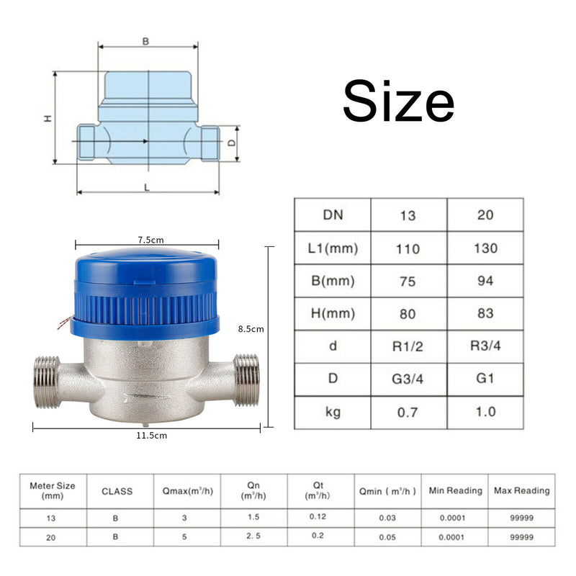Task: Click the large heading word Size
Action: (399, 100)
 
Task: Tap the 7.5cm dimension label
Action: (151, 240)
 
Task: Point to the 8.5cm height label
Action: (251, 329)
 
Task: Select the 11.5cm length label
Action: (152, 436)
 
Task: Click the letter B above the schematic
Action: (146, 41)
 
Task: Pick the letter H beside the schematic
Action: (48, 118)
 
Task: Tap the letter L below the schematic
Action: (147, 188)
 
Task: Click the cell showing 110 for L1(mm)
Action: (408, 248)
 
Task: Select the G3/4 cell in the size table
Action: (408, 379)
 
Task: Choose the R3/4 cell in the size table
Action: (485, 346)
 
